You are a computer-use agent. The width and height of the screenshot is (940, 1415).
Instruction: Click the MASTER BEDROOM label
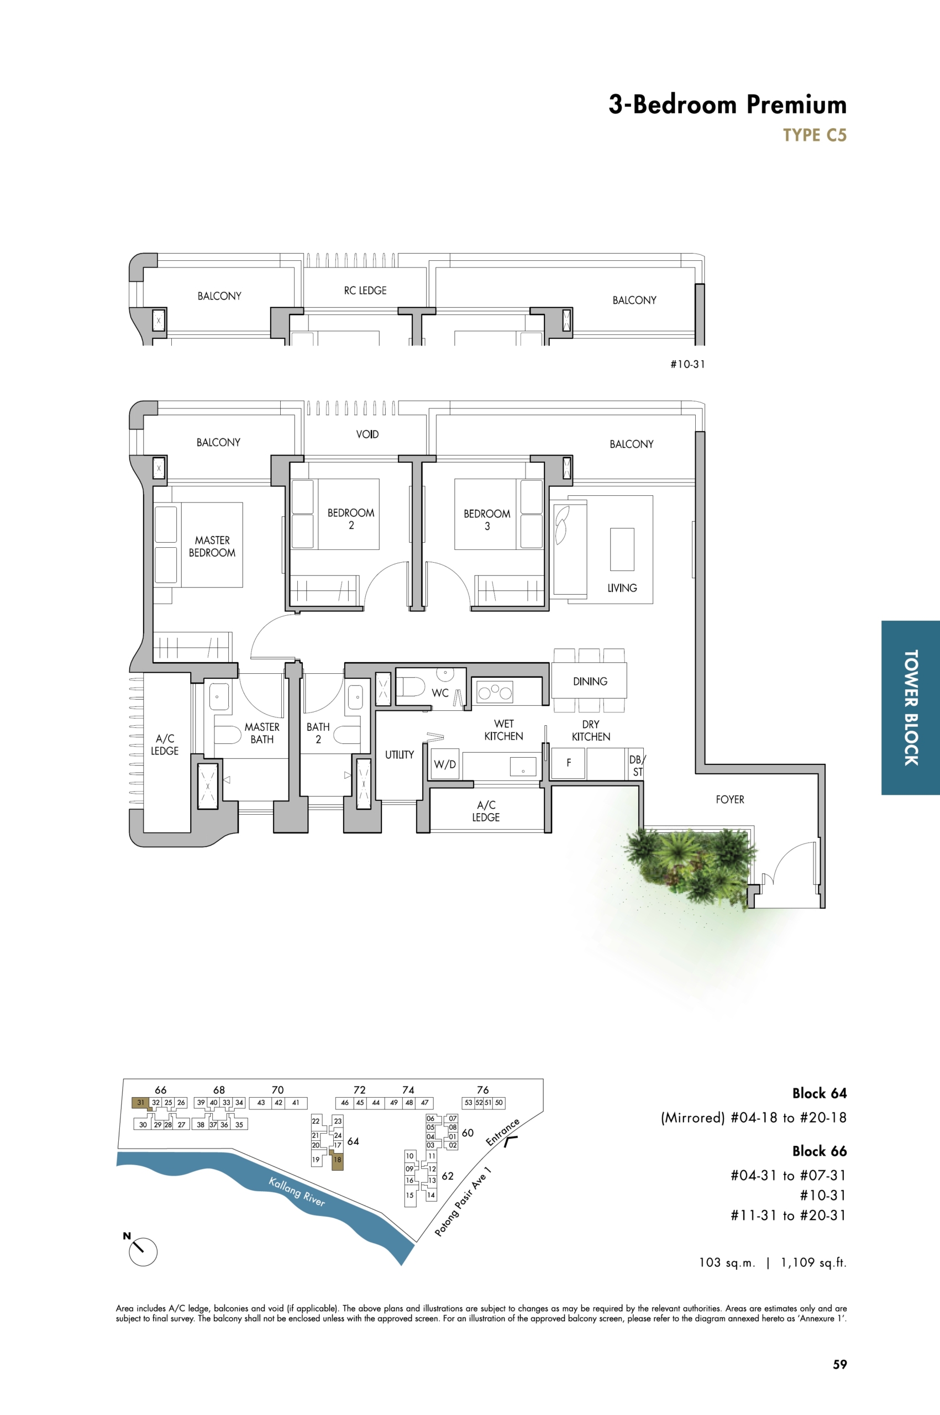(x=212, y=546)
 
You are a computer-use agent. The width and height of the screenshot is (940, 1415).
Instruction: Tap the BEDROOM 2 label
(x=351, y=518)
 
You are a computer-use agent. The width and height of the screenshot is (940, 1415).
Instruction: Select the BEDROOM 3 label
(x=487, y=520)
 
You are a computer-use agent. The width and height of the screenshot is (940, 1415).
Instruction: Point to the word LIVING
(x=622, y=588)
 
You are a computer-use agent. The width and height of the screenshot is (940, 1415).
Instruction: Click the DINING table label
(x=590, y=681)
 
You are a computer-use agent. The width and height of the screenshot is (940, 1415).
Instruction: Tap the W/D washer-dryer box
(x=445, y=764)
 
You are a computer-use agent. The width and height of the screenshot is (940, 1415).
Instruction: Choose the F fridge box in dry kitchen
(x=568, y=763)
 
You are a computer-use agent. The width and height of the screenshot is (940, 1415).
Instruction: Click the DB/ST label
(x=637, y=766)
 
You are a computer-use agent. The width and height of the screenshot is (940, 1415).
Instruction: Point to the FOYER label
(x=729, y=799)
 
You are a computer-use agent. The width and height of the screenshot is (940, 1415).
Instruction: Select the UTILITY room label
(x=399, y=754)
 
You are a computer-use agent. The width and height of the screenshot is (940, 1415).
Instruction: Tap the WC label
(x=440, y=693)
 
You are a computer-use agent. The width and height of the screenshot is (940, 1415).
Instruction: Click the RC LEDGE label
(x=365, y=290)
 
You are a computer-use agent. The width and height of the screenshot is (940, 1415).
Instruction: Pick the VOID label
(x=367, y=434)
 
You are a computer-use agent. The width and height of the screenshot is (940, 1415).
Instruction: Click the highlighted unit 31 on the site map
(x=140, y=1102)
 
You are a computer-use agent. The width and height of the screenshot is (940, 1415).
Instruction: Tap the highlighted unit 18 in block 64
(x=338, y=1160)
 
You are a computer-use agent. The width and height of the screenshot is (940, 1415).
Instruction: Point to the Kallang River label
(x=297, y=1192)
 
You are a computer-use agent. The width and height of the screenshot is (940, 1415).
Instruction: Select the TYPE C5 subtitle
(x=815, y=135)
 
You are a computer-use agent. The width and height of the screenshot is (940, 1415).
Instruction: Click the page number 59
(x=840, y=1364)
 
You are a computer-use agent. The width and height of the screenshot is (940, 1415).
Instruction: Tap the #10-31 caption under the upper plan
(x=687, y=364)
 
